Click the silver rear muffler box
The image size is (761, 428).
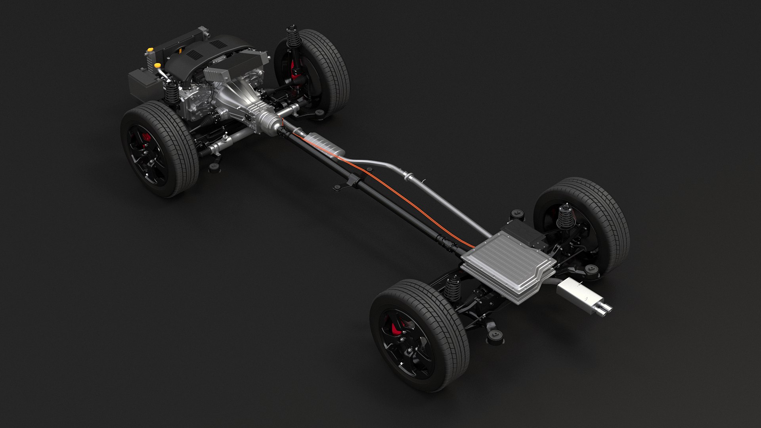(577, 291)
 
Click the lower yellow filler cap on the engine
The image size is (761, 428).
(157, 65)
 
